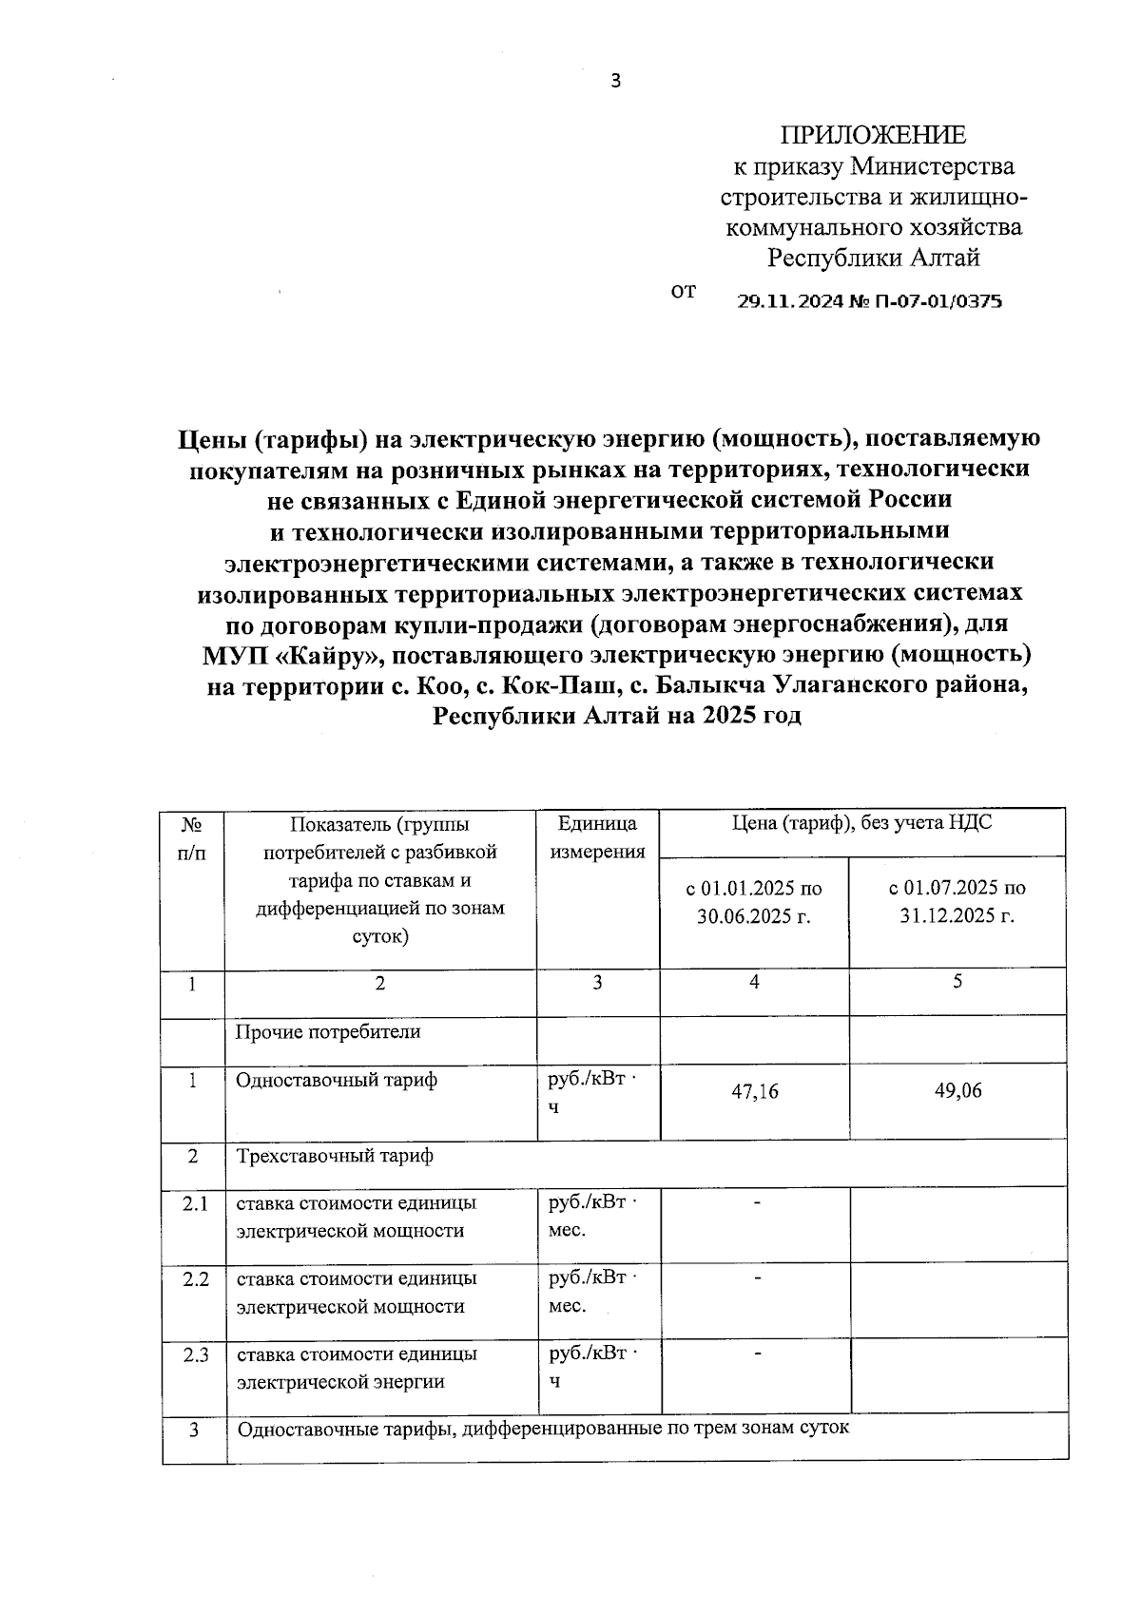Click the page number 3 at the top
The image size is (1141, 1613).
615,82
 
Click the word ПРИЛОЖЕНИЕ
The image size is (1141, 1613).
873,135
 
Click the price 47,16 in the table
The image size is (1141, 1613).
754,1092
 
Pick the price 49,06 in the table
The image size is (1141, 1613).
957,1091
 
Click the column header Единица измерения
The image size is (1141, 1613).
597,837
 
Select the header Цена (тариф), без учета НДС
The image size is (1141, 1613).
861,823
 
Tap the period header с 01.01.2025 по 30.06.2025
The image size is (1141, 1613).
754,903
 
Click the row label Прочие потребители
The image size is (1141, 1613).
328,1031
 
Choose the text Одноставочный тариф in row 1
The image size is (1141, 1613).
337,1081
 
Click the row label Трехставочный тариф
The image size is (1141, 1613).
335,1156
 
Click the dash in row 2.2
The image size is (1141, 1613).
757,1279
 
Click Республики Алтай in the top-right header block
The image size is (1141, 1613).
873,258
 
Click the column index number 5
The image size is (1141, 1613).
957,982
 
